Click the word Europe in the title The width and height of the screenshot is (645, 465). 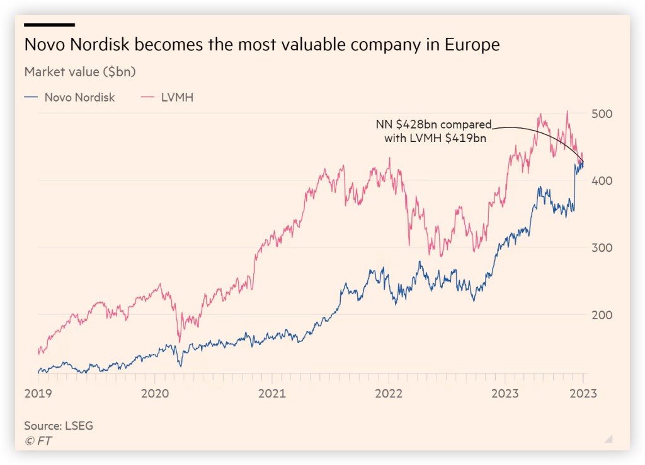point(472,45)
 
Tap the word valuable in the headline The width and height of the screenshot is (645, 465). point(292,45)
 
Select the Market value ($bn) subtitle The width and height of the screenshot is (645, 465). point(80,72)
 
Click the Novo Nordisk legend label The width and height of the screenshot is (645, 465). point(79,98)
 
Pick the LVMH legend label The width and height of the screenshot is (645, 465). point(177,98)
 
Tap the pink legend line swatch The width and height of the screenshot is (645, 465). point(149,98)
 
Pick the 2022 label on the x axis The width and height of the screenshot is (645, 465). point(388,394)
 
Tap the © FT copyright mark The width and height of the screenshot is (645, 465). point(38,441)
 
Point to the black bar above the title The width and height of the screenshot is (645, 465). point(50,25)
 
